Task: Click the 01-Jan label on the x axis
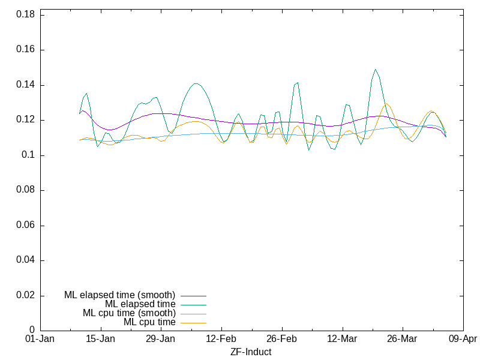tap(40, 339)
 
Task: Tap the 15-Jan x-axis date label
tap(101, 339)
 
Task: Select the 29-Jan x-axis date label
tap(161, 339)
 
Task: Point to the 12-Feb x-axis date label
tap(221, 339)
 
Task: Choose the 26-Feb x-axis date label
tap(282, 339)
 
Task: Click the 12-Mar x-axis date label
tap(342, 339)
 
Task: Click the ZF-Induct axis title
tap(251, 352)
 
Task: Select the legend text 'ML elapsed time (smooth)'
tap(119, 295)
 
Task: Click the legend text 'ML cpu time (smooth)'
tap(129, 313)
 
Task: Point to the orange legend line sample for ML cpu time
tap(193, 323)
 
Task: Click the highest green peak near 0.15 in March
tap(375, 69)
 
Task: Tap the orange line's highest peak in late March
tap(386, 103)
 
